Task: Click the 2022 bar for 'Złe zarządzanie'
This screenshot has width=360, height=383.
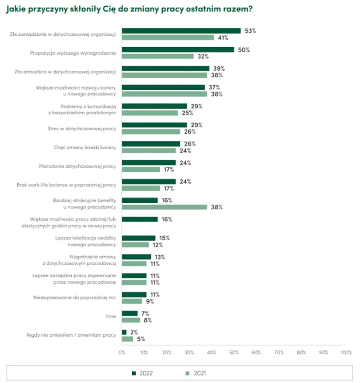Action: click(x=181, y=31)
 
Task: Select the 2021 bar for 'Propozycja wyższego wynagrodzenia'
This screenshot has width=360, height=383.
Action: click(x=158, y=56)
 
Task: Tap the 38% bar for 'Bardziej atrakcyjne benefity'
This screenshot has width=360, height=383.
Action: click(x=165, y=207)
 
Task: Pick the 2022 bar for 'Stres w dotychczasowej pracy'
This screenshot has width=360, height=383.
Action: click(x=154, y=125)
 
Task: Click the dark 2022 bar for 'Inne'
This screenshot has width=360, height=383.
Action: click(x=130, y=313)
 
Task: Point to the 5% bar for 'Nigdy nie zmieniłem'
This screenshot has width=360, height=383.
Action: click(x=127, y=339)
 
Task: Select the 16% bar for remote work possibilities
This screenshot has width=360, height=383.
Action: click(x=140, y=219)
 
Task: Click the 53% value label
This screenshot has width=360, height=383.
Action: click(x=251, y=31)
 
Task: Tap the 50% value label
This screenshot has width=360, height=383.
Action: click(x=244, y=49)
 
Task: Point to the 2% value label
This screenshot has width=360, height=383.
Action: click(x=133, y=332)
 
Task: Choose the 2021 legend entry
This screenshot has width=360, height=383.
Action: click(x=195, y=373)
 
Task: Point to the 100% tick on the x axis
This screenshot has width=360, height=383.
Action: click(x=346, y=353)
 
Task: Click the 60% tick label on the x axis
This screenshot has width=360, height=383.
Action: click(x=256, y=353)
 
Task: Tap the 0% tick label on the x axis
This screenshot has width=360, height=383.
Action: click(x=122, y=353)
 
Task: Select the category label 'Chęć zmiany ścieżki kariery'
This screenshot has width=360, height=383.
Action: click(x=84, y=147)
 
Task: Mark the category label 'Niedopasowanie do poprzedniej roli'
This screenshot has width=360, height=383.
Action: click(x=75, y=298)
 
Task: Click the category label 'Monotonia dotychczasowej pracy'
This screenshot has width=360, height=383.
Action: click(x=78, y=166)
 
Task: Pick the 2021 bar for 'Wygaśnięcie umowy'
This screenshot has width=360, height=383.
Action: click(x=134, y=263)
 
